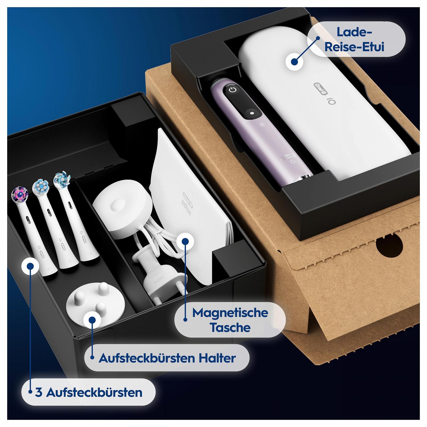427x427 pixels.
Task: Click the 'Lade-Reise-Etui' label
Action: (354, 39)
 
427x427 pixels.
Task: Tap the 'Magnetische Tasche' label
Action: (230, 320)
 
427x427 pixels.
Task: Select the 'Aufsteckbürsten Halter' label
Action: (167, 358)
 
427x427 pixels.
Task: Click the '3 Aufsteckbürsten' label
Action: (89, 392)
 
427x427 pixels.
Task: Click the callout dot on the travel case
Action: (294, 62)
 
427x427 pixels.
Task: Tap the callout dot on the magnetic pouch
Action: (185, 242)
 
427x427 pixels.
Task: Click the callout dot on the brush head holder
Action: (92, 320)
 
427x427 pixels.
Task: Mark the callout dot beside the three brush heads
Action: (30, 266)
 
